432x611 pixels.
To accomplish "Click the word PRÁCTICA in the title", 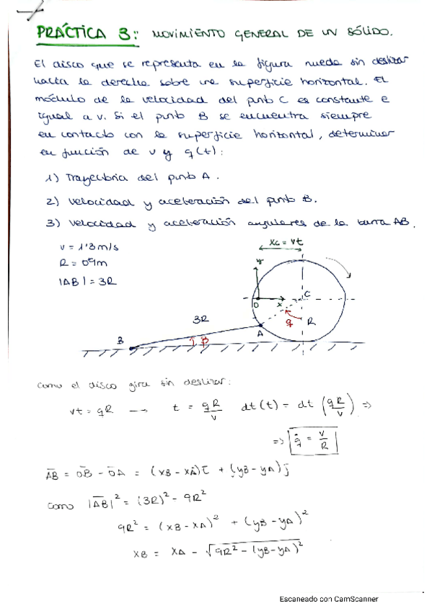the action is click(71, 33).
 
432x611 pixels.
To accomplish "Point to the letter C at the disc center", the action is click(307, 293).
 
